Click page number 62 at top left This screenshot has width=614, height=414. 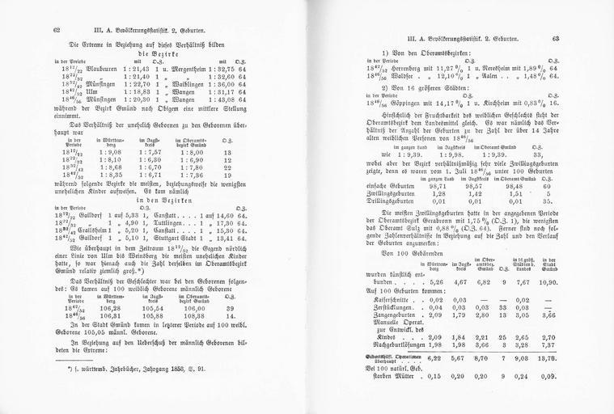coord(57,29)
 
